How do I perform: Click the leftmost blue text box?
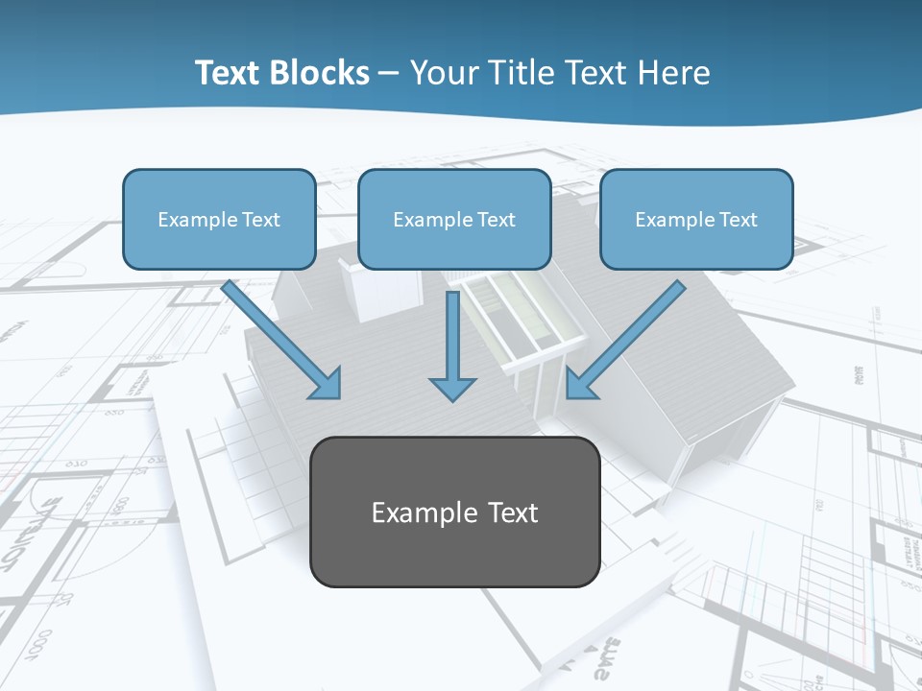(219, 219)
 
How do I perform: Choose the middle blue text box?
(454, 219)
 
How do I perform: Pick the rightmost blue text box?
(696, 219)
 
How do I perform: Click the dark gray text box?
(455, 512)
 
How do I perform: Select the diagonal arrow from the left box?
(279, 336)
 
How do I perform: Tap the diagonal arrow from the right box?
(629, 336)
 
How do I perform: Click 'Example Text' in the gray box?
(455, 512)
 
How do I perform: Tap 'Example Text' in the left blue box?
(219, 220)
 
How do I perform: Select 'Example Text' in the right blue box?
(696, 220)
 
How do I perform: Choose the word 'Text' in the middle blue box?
(496, 220)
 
